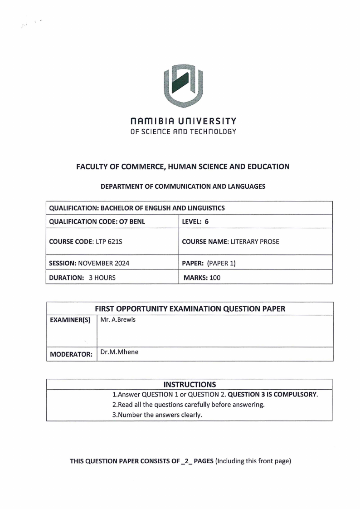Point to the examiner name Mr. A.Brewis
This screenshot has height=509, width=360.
coord(118,320)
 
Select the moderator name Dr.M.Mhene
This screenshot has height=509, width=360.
coord(119,351)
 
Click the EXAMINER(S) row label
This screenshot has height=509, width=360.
coord(70,320)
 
